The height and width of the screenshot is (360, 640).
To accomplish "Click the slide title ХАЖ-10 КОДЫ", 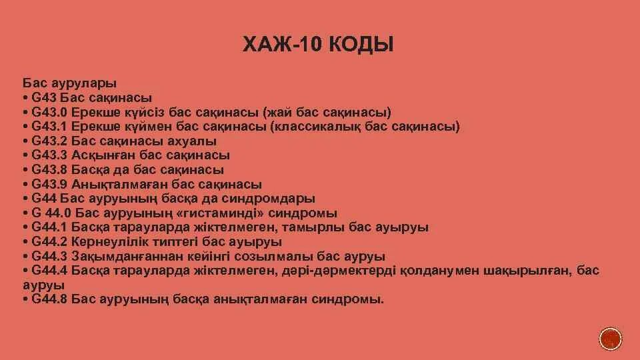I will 318,45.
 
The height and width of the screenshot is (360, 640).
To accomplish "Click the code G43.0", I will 49,112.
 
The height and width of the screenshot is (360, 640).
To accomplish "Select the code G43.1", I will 49,127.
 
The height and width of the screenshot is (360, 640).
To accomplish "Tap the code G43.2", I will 49,141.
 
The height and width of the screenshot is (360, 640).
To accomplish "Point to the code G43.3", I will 49,155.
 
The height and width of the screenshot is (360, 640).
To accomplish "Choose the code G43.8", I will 49,170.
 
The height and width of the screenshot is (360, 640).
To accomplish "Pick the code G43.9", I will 49,185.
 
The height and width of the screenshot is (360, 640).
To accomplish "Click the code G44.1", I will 49,228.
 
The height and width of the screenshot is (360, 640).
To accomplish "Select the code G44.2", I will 49,242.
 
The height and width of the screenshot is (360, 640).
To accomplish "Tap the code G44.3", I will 49,257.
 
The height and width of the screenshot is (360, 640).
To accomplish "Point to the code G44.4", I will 49,271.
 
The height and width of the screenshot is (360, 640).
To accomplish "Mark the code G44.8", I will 49,299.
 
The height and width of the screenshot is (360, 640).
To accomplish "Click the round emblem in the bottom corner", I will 610,339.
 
